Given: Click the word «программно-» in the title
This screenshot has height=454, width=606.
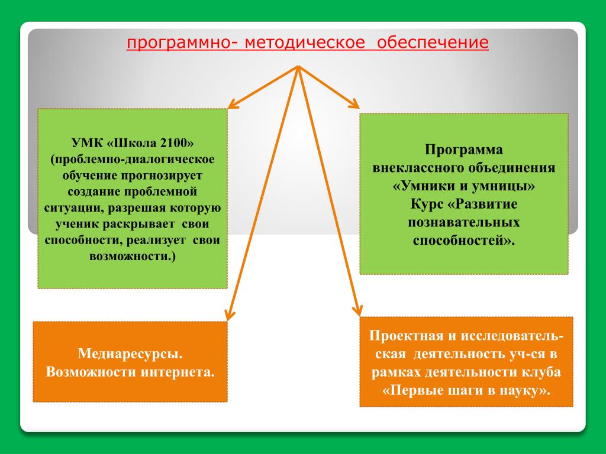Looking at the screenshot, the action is click(178, 43).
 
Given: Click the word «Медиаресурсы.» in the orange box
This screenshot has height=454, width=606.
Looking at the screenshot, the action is click(130, 354).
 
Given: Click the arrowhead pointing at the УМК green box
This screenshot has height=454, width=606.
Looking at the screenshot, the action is click(233, 105).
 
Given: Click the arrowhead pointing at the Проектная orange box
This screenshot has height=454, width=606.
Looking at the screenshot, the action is click(357, 312).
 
